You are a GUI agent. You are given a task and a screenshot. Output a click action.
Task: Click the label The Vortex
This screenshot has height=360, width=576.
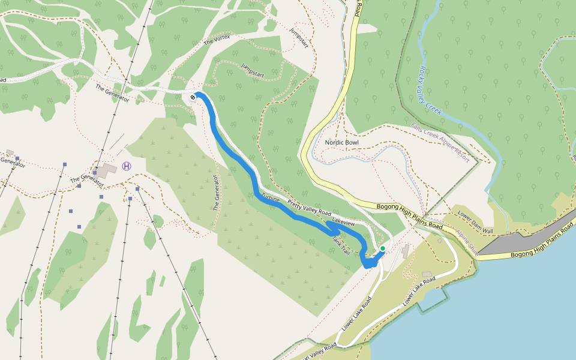pos(217,40)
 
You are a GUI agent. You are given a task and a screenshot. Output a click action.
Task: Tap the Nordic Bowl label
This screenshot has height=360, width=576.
pos(341,142)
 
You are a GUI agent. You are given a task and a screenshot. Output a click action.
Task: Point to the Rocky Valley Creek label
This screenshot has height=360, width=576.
pos(430,91)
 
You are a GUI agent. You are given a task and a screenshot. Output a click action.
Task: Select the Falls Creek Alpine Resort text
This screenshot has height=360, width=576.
pos(441,140)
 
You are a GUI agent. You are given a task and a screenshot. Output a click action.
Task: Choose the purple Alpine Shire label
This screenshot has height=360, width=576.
pos(466,242)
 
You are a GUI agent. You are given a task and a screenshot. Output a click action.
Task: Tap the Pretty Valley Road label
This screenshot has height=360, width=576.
pos(309,208)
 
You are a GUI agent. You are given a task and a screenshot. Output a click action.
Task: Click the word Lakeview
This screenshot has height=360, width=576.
pos(343,223)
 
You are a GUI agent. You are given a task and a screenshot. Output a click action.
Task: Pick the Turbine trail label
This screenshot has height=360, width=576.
pos(271,199)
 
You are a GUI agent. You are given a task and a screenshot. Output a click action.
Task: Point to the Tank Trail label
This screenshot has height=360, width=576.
pos(340,244)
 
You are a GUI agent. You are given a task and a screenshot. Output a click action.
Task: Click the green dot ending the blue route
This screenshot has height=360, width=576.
pos(383,248)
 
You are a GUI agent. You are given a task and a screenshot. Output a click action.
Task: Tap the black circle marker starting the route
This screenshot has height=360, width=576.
pos(193,97)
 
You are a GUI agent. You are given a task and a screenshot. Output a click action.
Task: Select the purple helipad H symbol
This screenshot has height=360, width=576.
pos(126,166)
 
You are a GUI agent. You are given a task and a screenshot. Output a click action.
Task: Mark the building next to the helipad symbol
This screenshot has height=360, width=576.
pos(107,170)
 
